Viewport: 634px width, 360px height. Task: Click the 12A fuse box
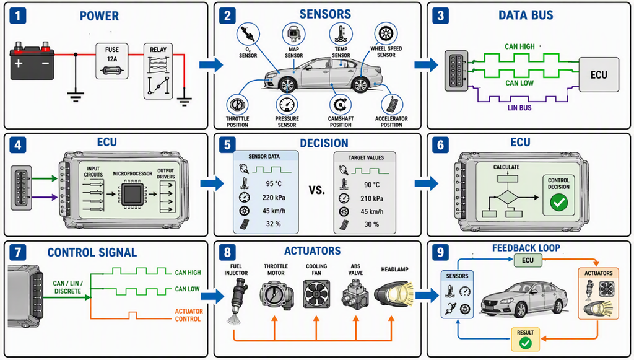[x=112, y=61]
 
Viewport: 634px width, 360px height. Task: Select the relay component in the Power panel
[x=158, y=71]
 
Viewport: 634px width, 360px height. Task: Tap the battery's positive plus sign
[x=19, y=63]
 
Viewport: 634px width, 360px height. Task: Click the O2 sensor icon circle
[x=248, y=34]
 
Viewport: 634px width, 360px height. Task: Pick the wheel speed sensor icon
[x=386, y=33]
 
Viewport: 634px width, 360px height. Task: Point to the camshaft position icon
[x=340, y=105]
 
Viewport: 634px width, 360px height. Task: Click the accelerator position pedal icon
[x=391, y=105]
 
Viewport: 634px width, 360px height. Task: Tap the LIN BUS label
[x=519, y=108]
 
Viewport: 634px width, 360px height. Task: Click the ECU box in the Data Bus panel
[x=599, y=75]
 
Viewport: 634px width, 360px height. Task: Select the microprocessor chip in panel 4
[x=132, y=195]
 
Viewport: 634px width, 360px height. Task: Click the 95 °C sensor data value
[x=274, y=183]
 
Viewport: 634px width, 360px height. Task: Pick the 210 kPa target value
[x=372, y=199]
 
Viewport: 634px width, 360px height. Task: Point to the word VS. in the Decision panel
[x=316, y=190]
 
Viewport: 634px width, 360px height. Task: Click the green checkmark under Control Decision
[x=559, y=202]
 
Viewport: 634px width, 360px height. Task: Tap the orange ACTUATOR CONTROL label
[x=189, y=315]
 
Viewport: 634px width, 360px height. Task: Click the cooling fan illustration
[x=316, y=295]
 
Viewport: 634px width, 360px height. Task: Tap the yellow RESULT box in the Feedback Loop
[x=525, y=339]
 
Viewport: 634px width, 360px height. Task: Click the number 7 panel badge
[x=18, y=252]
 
